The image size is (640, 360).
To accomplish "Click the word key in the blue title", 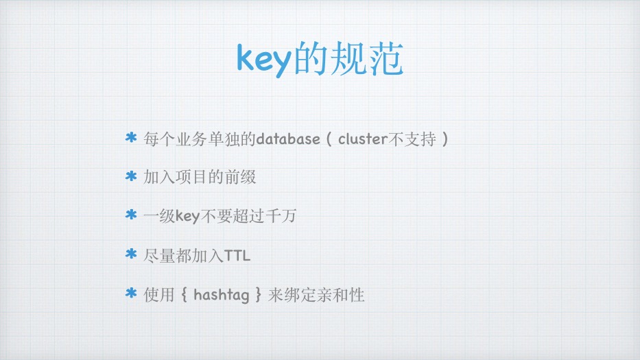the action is (x=264, y=60).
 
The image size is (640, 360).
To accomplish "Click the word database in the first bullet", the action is (x=288, y=139).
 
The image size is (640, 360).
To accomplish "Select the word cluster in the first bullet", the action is (x=363, y=139).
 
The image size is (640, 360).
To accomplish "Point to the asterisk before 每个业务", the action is (x=131, y=138).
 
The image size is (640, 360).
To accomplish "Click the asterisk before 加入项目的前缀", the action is (x=131, y=176).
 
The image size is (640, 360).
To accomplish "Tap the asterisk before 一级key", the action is (x=131, y=215).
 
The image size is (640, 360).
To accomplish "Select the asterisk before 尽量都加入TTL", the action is (x=131, y=254).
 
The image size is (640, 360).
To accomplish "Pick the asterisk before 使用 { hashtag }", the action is (x=131, y=293).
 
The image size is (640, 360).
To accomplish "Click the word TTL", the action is (x=237, y=256).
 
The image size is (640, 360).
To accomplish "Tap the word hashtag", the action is (x=222, y=295).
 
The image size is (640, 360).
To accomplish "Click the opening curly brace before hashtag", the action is (x=184, y=294).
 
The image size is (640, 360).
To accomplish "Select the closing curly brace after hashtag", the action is (x=259, y=294).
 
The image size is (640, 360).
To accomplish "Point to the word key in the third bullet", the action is (x=188, y=216).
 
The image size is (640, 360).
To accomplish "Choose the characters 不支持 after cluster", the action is (x=412, y=139).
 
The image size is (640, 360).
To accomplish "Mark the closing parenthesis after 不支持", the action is (x=445, y=139).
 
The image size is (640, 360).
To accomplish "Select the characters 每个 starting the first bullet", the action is (x=159, y=139).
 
